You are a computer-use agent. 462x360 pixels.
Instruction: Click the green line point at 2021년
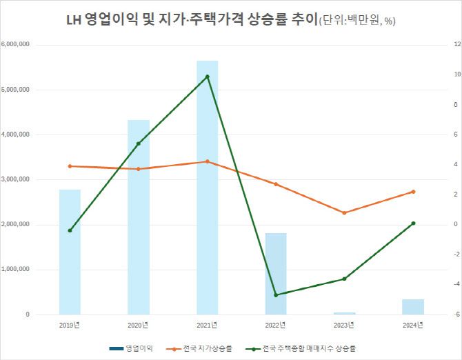tap(207, 77)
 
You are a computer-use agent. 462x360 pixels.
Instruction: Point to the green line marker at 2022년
tap(276, 295)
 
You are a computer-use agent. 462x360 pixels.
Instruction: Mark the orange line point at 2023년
tap(344, 212)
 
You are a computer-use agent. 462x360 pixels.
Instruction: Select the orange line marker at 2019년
tap(70, 166)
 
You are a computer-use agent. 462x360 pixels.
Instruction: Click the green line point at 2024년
tap(413, 223)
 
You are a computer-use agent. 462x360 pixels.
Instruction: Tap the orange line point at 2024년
tap(413, 192)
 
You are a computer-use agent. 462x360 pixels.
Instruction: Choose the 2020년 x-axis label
tap(138, 324)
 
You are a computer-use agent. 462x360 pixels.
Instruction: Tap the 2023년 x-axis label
tap(344, 324)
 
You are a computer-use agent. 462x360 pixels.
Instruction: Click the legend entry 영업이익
tap(138, 348)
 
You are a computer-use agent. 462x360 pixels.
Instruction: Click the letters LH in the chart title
tap(73, 20)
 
